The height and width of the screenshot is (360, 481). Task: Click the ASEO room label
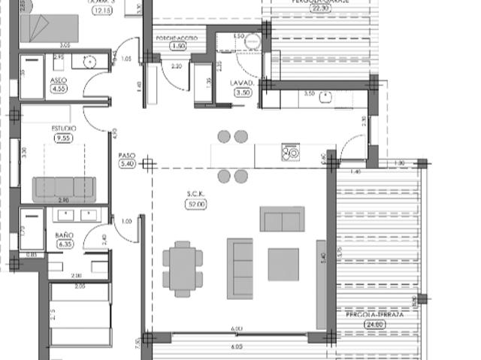click(58, 80)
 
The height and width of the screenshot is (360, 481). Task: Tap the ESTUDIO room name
click(63, 129)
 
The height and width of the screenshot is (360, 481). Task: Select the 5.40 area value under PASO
click(126, 164)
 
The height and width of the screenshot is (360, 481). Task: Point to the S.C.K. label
click(195, 194)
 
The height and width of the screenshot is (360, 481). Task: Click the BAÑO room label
click(64, 235)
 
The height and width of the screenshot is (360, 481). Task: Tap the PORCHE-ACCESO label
click(178, 38)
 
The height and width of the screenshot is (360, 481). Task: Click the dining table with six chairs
click(183, 268)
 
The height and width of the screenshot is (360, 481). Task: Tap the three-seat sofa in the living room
click(240, 268)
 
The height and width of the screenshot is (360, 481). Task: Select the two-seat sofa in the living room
click(282, 219)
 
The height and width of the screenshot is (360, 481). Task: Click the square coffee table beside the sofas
click(283, 264)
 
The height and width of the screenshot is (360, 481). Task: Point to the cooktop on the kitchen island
click(289, 153)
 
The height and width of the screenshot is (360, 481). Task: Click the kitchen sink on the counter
click(325, 96)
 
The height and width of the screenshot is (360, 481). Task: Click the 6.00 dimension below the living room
click(237, 329)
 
